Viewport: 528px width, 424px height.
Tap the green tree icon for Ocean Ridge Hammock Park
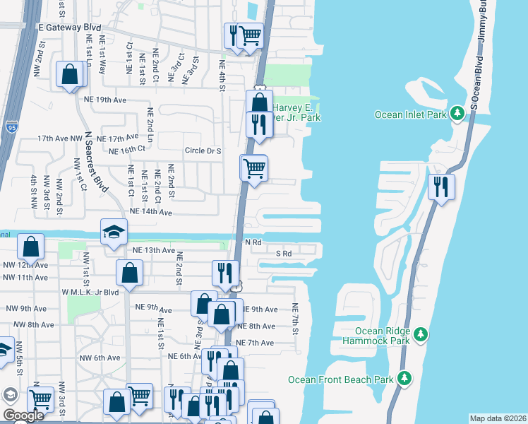pos(421,334)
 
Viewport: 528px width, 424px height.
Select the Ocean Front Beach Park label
pos(340,380)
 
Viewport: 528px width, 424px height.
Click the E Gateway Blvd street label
pos(69,26)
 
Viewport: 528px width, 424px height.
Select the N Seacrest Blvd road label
pos(92,160)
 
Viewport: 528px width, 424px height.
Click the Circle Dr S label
pos(203,151)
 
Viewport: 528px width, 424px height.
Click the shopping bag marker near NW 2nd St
pos(70,76)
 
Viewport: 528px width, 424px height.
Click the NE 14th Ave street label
pos(150,212)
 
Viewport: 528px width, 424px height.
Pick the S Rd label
pos(284,253)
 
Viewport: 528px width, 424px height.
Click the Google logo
pos(23,416)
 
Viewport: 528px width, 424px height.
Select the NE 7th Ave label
pos(256,343)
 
